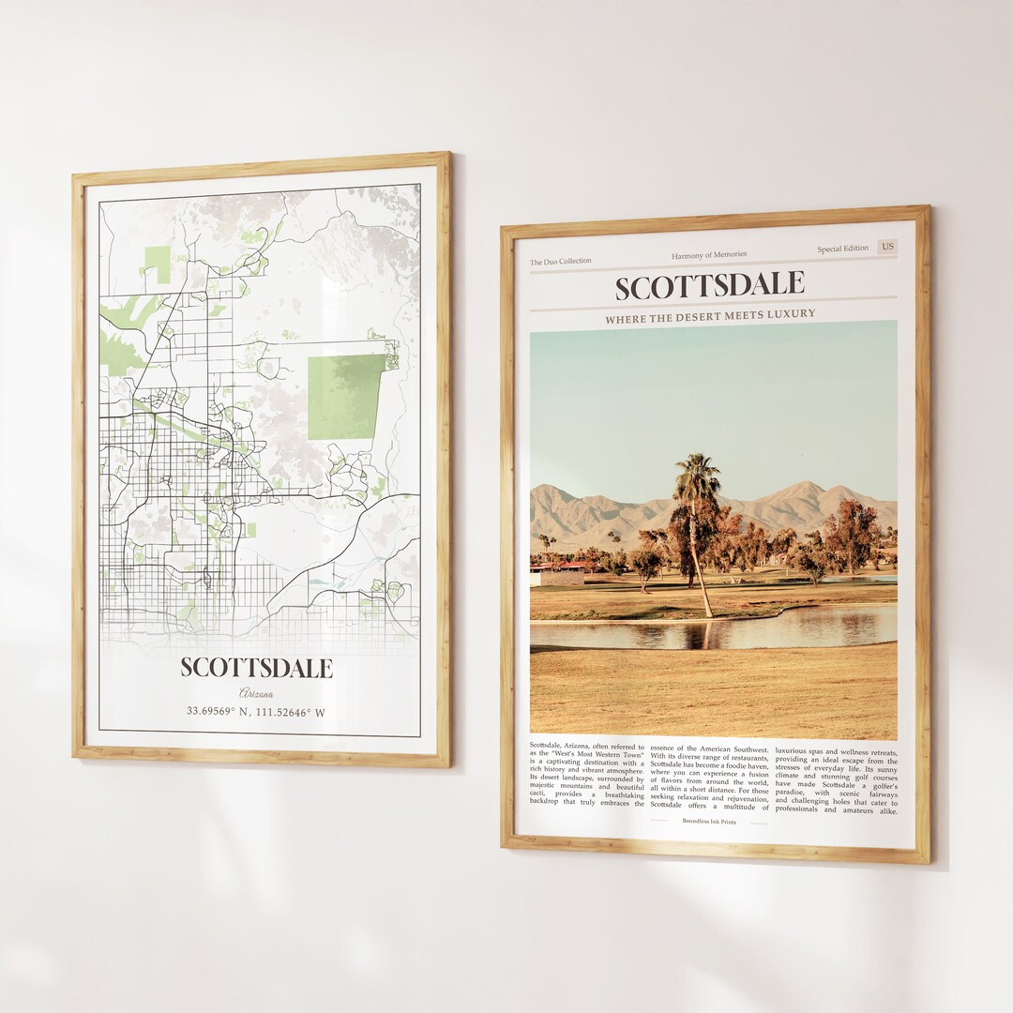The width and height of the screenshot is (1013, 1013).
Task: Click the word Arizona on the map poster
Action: pos(256,693)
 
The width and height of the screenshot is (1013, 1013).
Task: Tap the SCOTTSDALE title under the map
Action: pos(256,668)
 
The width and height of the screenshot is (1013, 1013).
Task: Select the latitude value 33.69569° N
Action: pos(221,712)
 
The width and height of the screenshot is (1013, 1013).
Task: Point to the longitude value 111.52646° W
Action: pos(291,712)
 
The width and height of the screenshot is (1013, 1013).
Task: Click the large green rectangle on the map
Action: pos(345,397)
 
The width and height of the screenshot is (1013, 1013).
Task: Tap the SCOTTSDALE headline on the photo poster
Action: pos(710,285)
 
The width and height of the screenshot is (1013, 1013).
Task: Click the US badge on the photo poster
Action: pos(886,247)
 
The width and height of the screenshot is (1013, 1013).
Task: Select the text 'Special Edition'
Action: pos(842,249)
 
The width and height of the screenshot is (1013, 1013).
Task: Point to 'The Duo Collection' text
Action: pos(561,262)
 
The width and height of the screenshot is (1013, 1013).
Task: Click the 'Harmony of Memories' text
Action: pos(709,255)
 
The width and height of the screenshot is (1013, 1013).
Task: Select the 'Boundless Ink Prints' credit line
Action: pos(709,822)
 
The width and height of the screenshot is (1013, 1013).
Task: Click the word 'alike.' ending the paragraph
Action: pos(884,810)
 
